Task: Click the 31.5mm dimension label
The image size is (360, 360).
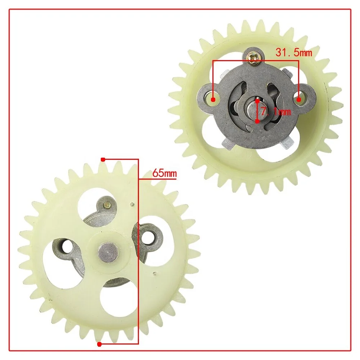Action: [294, 52]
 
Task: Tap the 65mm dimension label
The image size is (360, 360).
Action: [165, 173]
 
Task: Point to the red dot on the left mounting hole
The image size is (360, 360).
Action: [213, 100]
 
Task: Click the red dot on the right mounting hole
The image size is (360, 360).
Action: [298, 100]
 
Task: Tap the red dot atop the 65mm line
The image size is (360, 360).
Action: [103, 159]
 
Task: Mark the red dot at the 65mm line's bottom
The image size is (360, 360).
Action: [99, 344]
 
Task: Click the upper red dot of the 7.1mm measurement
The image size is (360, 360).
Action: [257, 101]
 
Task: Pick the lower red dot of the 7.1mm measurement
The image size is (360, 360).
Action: [257, 121]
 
